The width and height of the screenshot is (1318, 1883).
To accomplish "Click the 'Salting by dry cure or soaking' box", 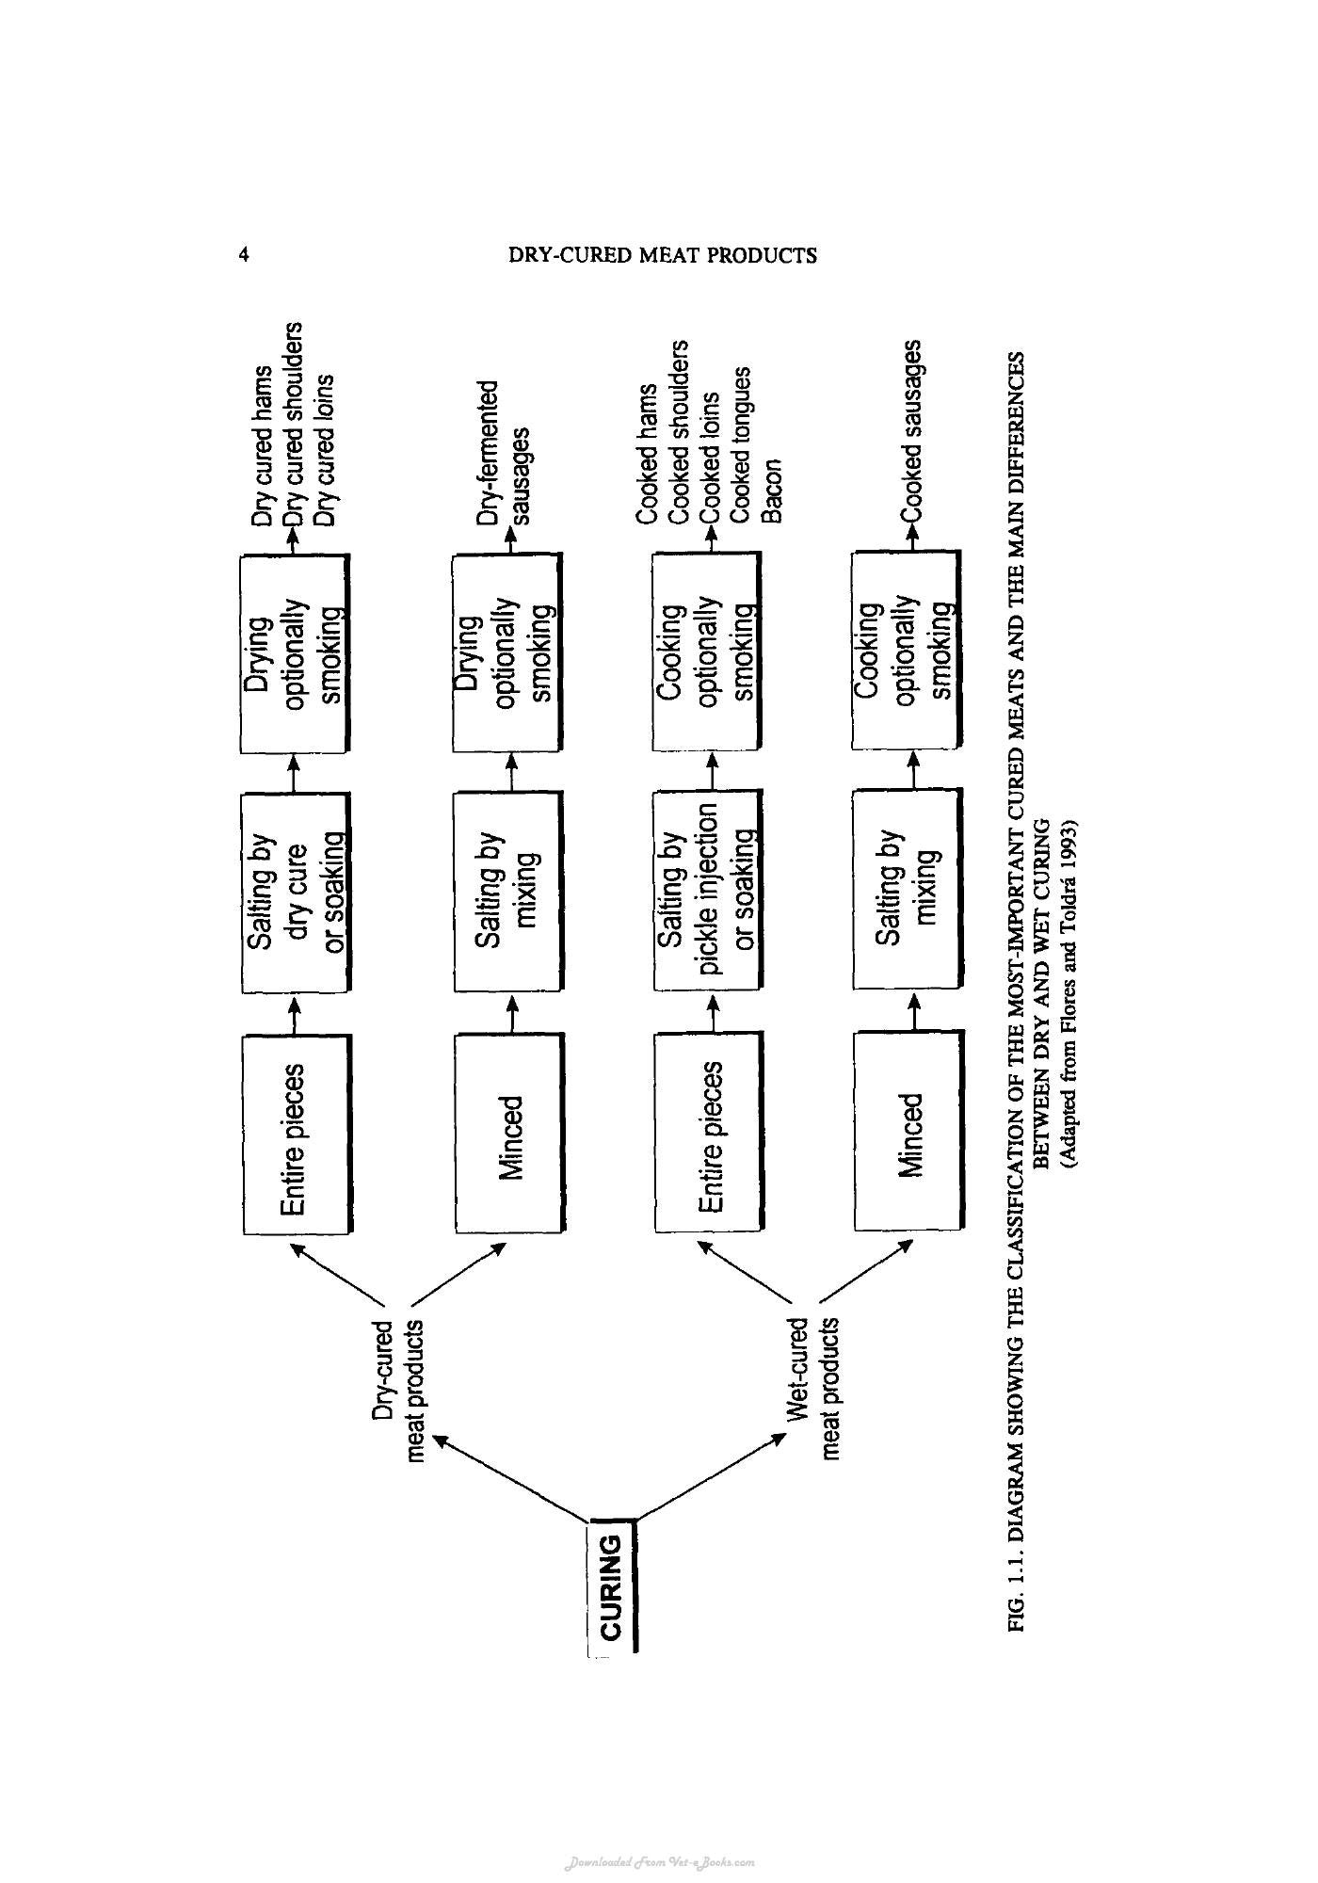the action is click(297, 893).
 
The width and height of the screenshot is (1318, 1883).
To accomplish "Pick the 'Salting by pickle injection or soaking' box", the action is click(707, 891).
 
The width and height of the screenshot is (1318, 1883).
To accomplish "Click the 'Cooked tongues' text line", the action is click(741, 445).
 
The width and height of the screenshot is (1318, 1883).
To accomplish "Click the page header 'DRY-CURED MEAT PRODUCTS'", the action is click(663, 255).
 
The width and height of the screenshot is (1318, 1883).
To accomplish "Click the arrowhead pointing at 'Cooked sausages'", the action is click(910, 531).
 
